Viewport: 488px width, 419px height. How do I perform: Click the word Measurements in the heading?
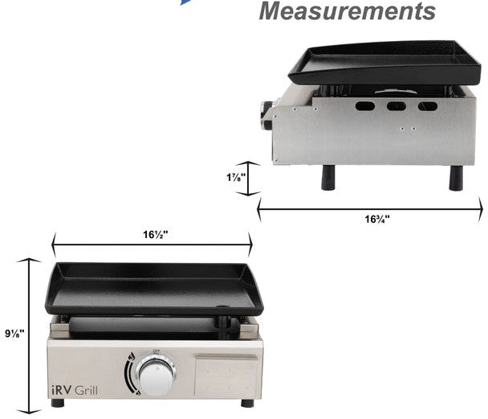pos(347,11)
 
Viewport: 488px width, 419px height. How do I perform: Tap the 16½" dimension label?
pos(156,235)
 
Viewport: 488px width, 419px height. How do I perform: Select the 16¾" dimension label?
pos(377,220)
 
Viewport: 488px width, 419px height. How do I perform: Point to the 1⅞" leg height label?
pos(236,178)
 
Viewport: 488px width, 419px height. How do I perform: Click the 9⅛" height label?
pos(14,334)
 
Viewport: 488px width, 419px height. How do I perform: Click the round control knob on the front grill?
pos(156,376)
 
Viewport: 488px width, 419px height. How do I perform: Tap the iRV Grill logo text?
pos(75,390)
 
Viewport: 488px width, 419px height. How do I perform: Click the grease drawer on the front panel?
pos(226,375)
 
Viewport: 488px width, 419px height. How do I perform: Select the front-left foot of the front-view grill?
pos(58,403)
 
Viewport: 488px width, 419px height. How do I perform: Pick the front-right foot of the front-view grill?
pos(247,403)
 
